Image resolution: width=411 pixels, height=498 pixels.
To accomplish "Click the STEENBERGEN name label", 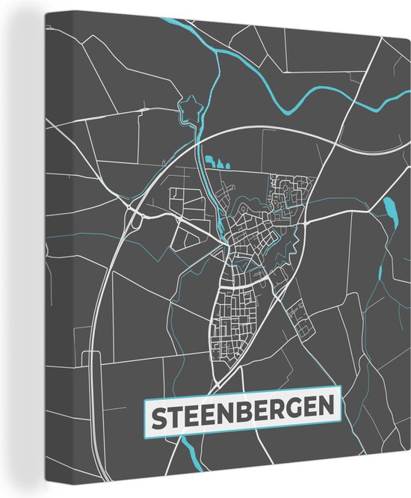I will pos(240,414).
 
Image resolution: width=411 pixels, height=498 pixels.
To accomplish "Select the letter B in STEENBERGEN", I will pos(243,414).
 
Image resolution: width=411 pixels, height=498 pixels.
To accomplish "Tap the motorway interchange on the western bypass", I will pos(136,219).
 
